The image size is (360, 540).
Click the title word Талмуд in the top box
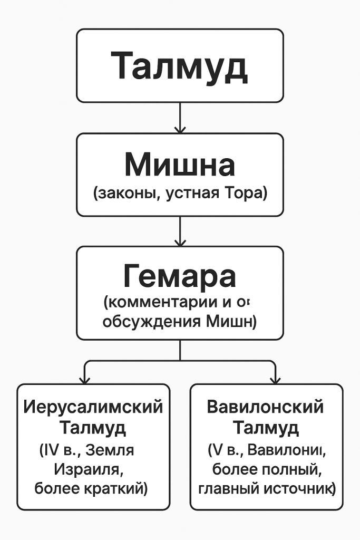(180, 65)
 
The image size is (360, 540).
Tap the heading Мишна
(180, 165)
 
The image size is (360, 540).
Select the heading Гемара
(180, 277)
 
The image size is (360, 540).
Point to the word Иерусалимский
(94, 407)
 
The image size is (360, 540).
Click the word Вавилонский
(265, 407)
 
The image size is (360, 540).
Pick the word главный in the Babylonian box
(225, 488)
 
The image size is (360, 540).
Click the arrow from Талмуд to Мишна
(180, 118)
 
